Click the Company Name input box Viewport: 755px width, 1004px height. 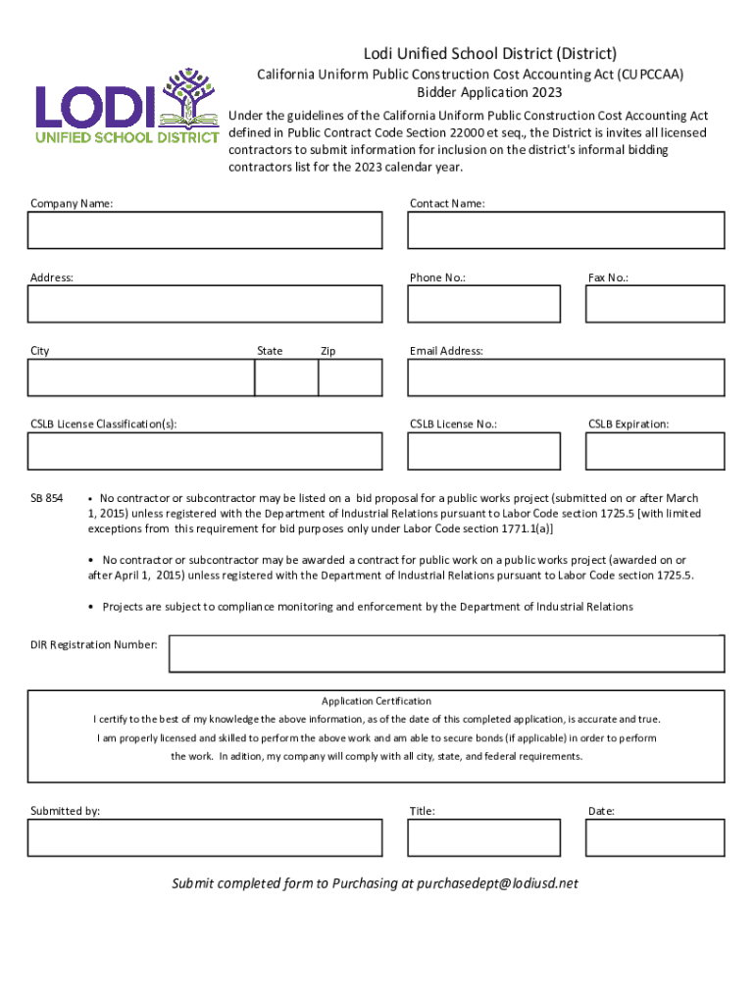[205, 230]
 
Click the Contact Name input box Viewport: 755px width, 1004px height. [566, 230]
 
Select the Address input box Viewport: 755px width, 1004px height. [205, 304]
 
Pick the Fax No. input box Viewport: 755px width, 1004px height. [655, 304]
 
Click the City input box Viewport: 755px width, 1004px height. [141, 377]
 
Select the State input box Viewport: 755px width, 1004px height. [285, 377]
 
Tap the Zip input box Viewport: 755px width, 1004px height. [350, 377]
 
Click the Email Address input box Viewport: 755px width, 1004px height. [566, 377]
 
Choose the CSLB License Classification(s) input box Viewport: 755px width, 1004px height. [205, 451]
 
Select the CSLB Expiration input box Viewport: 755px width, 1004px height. [655, 451]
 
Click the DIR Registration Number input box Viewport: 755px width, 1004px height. [446, 653]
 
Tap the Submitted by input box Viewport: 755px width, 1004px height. [205, 838]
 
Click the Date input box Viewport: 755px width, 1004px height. [655, 838]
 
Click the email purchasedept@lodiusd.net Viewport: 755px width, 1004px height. [497, 883]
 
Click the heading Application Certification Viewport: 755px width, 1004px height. [377, 701]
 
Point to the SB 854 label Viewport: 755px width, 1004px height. [47, 499]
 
